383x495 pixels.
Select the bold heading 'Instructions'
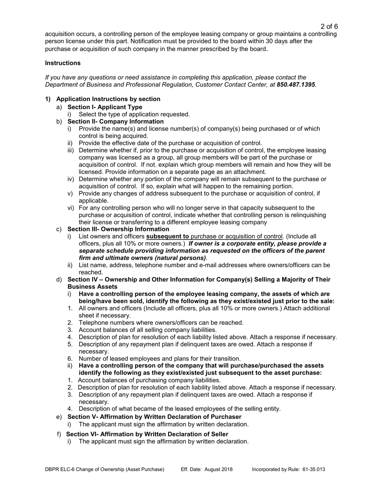click(62, 63)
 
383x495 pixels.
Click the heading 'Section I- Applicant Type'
click(105, 107)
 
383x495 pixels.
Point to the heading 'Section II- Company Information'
click(115, 122)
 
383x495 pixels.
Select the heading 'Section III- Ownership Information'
click(118, 229)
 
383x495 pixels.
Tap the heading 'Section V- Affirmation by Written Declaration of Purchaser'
click(154, 417)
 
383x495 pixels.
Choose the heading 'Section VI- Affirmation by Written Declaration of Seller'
click(147, 434)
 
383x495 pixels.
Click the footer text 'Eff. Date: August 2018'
click(207, 470)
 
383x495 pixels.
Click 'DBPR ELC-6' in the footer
click(60, 470)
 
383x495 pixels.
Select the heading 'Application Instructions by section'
click(108, 99)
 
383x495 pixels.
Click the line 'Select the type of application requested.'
click(134, 114)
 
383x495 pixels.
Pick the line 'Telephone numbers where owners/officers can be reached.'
click(161, 323)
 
